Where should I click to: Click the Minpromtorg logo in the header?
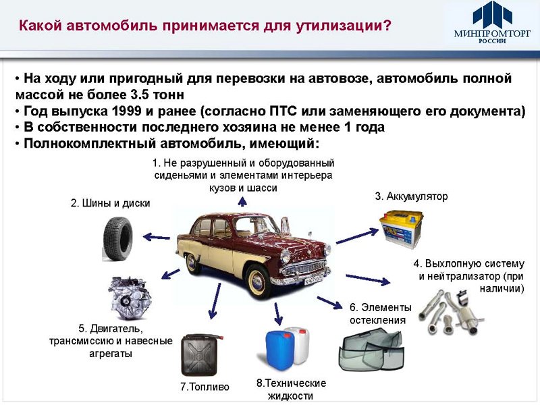(488, 23)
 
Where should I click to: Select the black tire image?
(117, 238)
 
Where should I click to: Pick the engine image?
(129, 297)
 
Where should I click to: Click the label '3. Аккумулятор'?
(411, 196)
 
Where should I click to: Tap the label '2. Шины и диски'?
(111, 203)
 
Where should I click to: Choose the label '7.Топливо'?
(205, 387)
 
